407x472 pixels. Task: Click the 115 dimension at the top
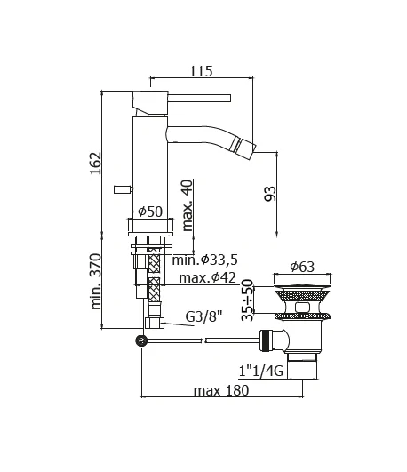point(202,71)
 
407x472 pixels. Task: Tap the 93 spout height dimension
point(270,191)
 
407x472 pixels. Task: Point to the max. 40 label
point(188,205)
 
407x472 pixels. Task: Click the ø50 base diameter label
point(149,212)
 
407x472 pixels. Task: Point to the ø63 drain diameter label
point(304,267)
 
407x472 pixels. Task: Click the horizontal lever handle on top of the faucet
point(196,96)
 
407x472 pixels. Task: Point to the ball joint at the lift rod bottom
point(140,340)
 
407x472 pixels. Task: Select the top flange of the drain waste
point(303,291)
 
